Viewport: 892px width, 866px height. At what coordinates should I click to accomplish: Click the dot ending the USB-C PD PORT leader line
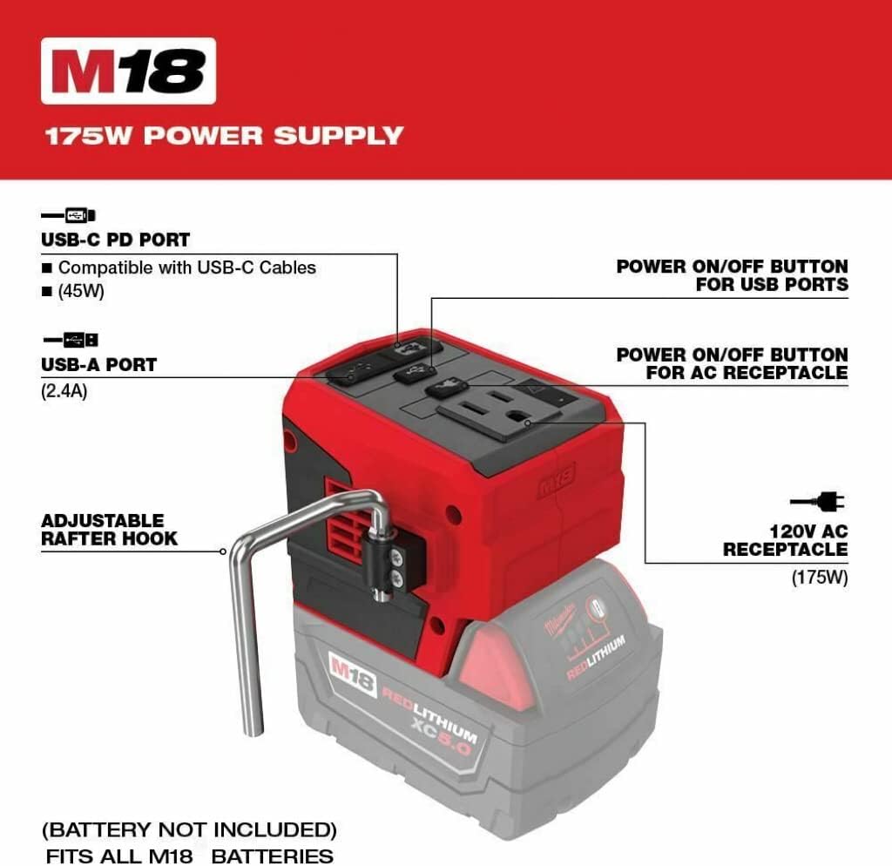point(397,343)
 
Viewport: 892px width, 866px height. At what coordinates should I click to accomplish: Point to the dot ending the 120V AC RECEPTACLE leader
point(528,423)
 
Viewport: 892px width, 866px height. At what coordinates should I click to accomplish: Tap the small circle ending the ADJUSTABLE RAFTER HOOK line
point(223,551)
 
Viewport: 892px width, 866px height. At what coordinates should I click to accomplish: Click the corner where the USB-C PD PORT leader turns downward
point(397,254)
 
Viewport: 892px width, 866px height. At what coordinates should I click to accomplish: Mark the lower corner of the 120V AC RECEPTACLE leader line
point(645,564)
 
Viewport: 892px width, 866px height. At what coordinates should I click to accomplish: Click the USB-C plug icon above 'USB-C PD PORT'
point(68,215)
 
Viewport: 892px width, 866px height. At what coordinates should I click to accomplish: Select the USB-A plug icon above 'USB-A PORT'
point(71,341)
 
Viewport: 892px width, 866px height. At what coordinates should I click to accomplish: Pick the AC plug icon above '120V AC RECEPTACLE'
point(817,501)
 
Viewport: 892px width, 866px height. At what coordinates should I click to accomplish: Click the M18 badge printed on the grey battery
point(353,675)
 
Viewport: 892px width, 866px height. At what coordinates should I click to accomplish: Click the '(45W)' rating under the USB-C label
point(81,291)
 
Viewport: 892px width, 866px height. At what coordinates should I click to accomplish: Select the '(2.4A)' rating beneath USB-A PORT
point(64,391)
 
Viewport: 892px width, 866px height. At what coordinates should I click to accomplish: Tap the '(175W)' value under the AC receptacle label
point(820,577)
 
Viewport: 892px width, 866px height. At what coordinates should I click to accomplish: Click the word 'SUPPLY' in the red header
point(339,135)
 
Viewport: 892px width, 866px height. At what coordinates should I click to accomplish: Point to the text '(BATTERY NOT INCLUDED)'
point(189,829)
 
